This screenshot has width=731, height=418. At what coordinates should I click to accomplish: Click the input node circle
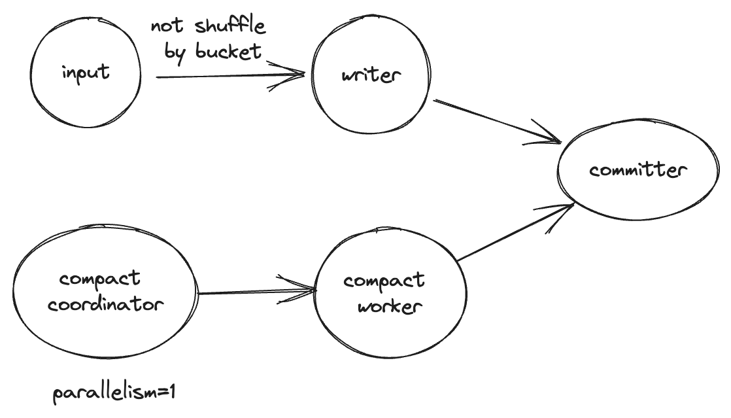click(x=86, y=73)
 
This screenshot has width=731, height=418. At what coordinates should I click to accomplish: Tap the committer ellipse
click(x=637, y=171)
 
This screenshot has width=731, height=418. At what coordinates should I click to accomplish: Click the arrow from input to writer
click(x=229, y=76)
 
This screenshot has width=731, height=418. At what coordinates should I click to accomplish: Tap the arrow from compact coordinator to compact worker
click(x=255, y=292)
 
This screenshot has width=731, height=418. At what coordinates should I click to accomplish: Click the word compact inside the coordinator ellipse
click(x=99, y=279)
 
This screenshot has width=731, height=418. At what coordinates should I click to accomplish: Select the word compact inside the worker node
click(x=384, y=281)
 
